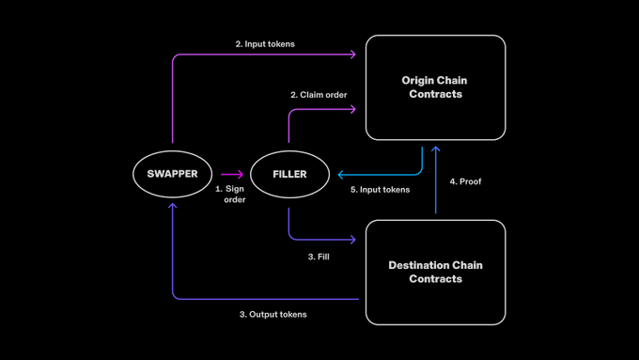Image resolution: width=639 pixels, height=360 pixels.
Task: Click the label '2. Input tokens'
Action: coord(265,44)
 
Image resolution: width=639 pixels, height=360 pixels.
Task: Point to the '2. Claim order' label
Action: coord(319,95)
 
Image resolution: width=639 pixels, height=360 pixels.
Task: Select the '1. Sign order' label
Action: coord(230,194)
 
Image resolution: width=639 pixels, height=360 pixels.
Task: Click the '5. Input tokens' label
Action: coord(381,190)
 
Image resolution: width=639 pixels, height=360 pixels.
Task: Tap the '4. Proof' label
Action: coord(465,181)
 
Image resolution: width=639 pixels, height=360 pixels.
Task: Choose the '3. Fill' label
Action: coord(319,257)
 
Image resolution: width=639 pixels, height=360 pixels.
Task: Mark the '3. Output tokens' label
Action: coord(273,314)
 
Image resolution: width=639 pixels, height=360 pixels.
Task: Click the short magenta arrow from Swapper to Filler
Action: coord(232,174)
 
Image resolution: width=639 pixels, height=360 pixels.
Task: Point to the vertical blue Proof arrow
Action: coord(436,180)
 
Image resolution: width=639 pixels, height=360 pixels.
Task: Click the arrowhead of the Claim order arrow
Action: coord(353,109)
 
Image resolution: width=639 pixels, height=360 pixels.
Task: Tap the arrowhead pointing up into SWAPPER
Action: coord(172,206)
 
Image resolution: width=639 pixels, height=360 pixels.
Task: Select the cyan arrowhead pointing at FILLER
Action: coord(341,175)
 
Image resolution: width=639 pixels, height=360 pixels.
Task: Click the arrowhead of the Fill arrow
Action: coord(353,240)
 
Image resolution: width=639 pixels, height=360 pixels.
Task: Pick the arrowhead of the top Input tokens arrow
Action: coord(353,55)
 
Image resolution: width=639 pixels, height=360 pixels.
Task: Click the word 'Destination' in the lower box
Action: coord(414,265)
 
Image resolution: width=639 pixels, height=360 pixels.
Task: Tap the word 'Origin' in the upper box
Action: coord(415,81)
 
